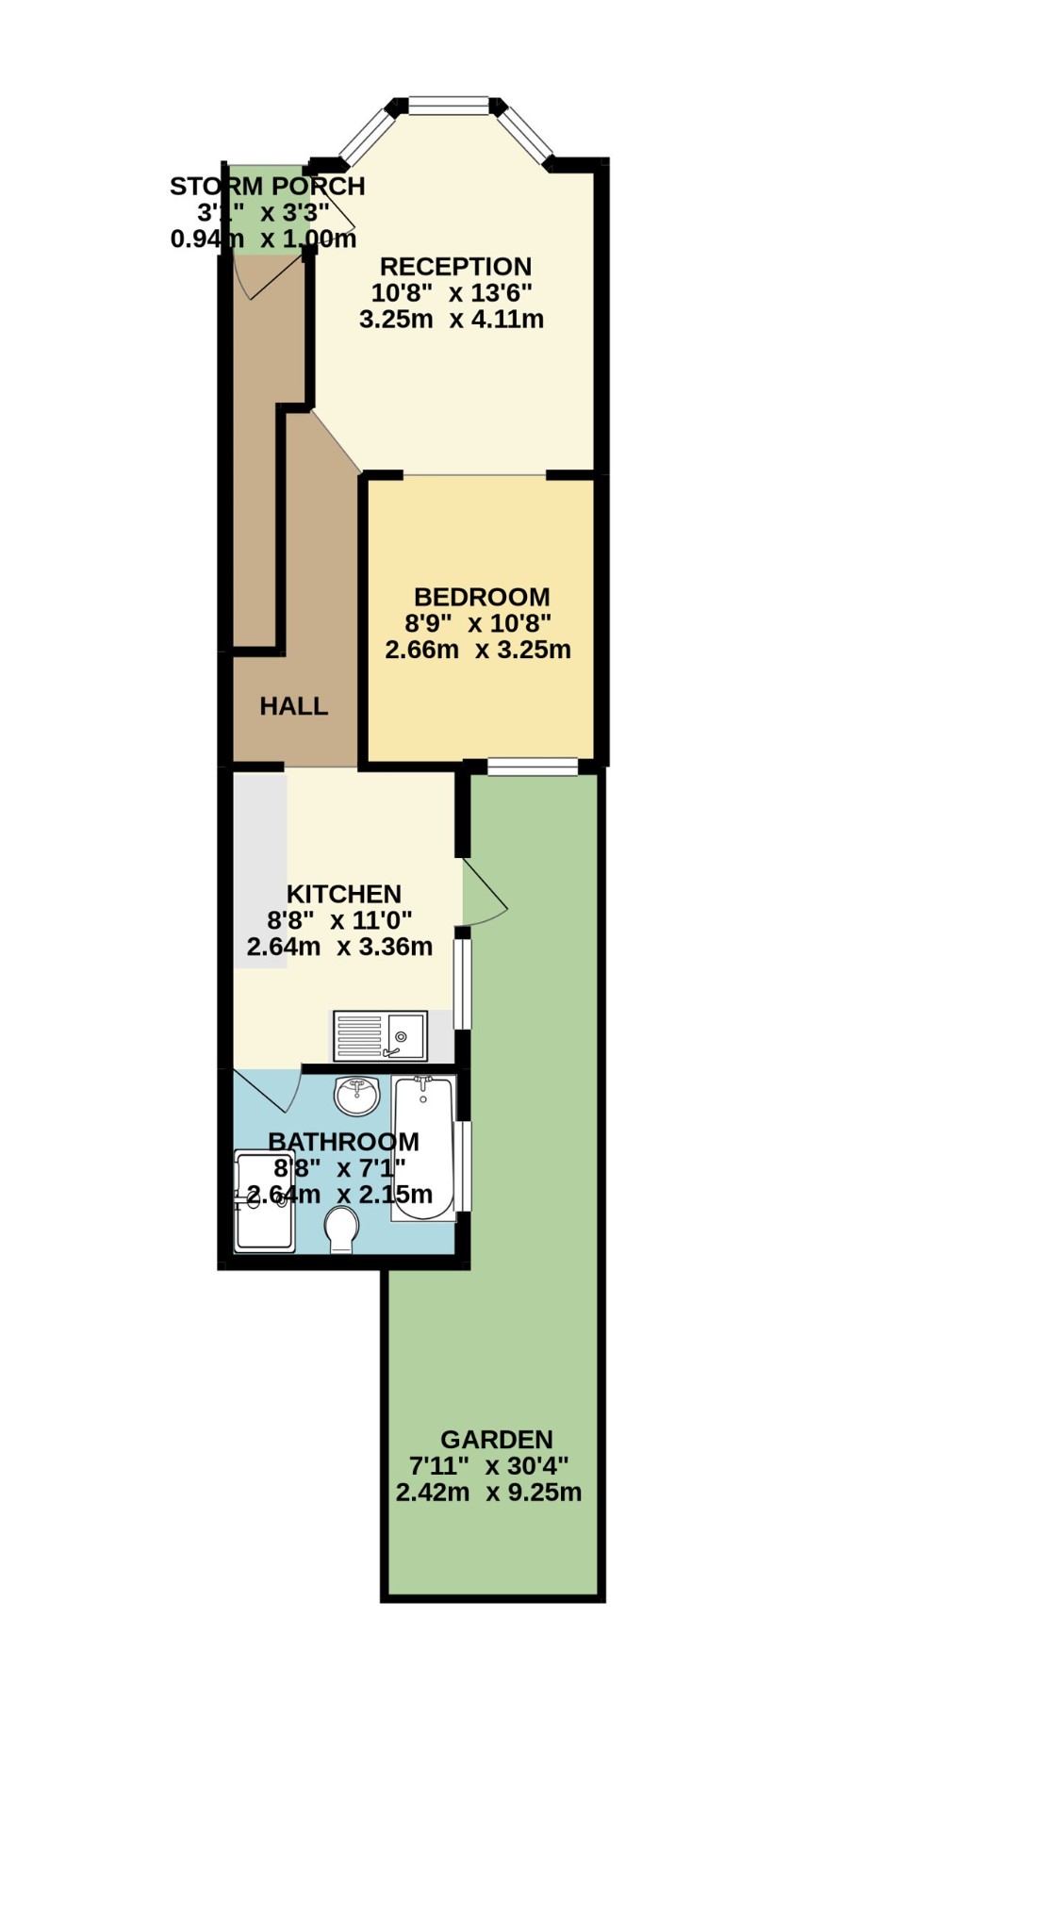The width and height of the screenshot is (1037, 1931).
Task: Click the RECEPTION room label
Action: pos(455,267)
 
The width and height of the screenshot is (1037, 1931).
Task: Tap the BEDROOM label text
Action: pos(482,597)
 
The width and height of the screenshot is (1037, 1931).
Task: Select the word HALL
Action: pos(294,706)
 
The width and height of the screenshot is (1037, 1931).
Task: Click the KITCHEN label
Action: pos(344,894)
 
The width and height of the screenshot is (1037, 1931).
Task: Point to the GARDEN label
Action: pos(496,1440)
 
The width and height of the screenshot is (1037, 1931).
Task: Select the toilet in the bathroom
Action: pos(341,1231)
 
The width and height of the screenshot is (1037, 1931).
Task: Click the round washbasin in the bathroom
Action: pos(356,1097)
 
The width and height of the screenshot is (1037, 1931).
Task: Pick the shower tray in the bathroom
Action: pos(264,1202)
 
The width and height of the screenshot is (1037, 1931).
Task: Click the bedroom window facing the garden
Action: pos(533,767)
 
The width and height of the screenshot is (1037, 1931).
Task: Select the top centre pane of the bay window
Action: pos(449,105)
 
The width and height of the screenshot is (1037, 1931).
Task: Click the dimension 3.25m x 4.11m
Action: pos(452,320)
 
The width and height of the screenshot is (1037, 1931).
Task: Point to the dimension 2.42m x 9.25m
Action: pos(488,1493)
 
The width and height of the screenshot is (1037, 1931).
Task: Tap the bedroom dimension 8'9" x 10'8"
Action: pos(478,623)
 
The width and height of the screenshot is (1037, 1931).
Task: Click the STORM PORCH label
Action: pos(267,187)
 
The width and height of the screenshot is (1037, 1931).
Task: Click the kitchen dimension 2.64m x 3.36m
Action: pos(339,947)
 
